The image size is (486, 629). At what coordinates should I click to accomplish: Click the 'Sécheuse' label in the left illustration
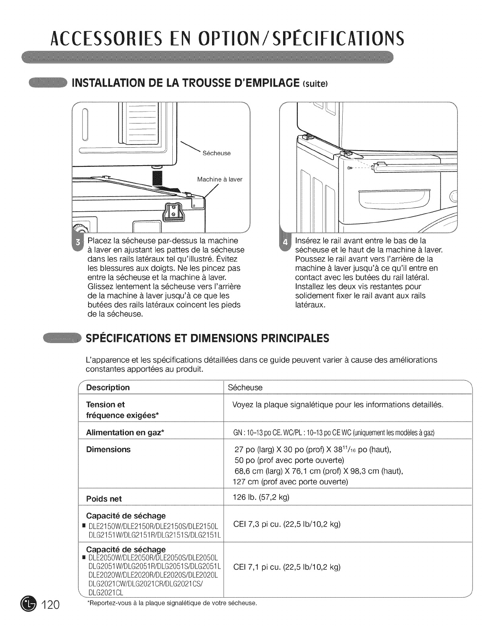(216, 153)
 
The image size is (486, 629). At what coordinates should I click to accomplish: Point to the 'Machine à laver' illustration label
(220, 179)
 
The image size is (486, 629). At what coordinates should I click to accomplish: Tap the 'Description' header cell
(108, 387)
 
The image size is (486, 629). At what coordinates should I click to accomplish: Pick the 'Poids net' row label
(104, 499)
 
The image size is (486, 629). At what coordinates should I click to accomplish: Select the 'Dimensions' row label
(108, 450)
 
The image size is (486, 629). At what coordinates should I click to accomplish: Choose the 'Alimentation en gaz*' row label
(125, 432)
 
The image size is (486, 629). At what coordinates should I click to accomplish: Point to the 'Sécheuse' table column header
(245, 387)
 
